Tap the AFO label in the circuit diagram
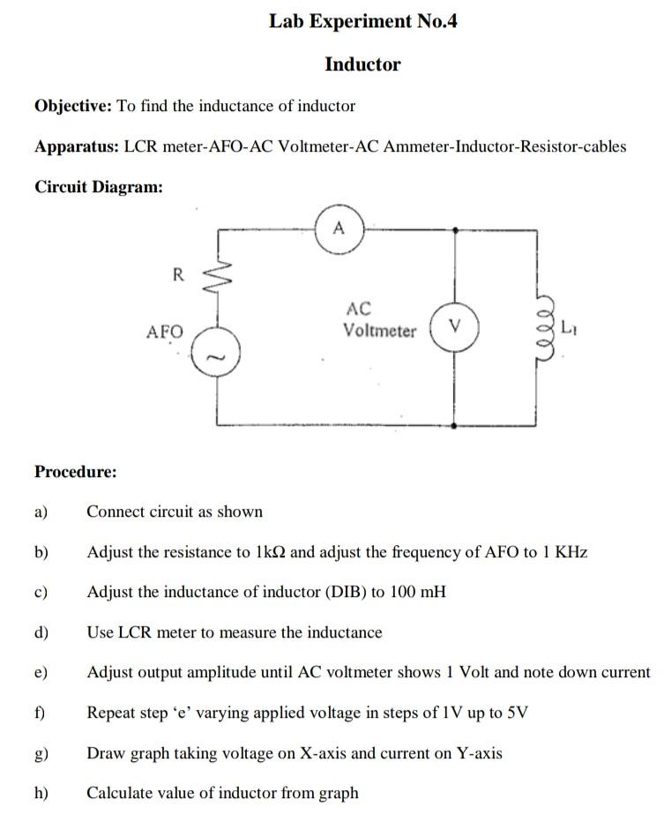(x=165, y=332)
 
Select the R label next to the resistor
(x=177, y=274)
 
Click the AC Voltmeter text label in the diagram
(x=379, y=320)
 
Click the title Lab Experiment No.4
(x=363, y=22)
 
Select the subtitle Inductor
(x=362, y=64)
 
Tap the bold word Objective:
(x=73, y=106)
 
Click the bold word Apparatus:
(x=76, y=146)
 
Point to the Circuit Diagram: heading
(x=98, y=187)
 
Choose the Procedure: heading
(x=75, y=472)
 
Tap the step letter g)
(x=41, y=753)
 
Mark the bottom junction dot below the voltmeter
(x=453, y=424)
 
